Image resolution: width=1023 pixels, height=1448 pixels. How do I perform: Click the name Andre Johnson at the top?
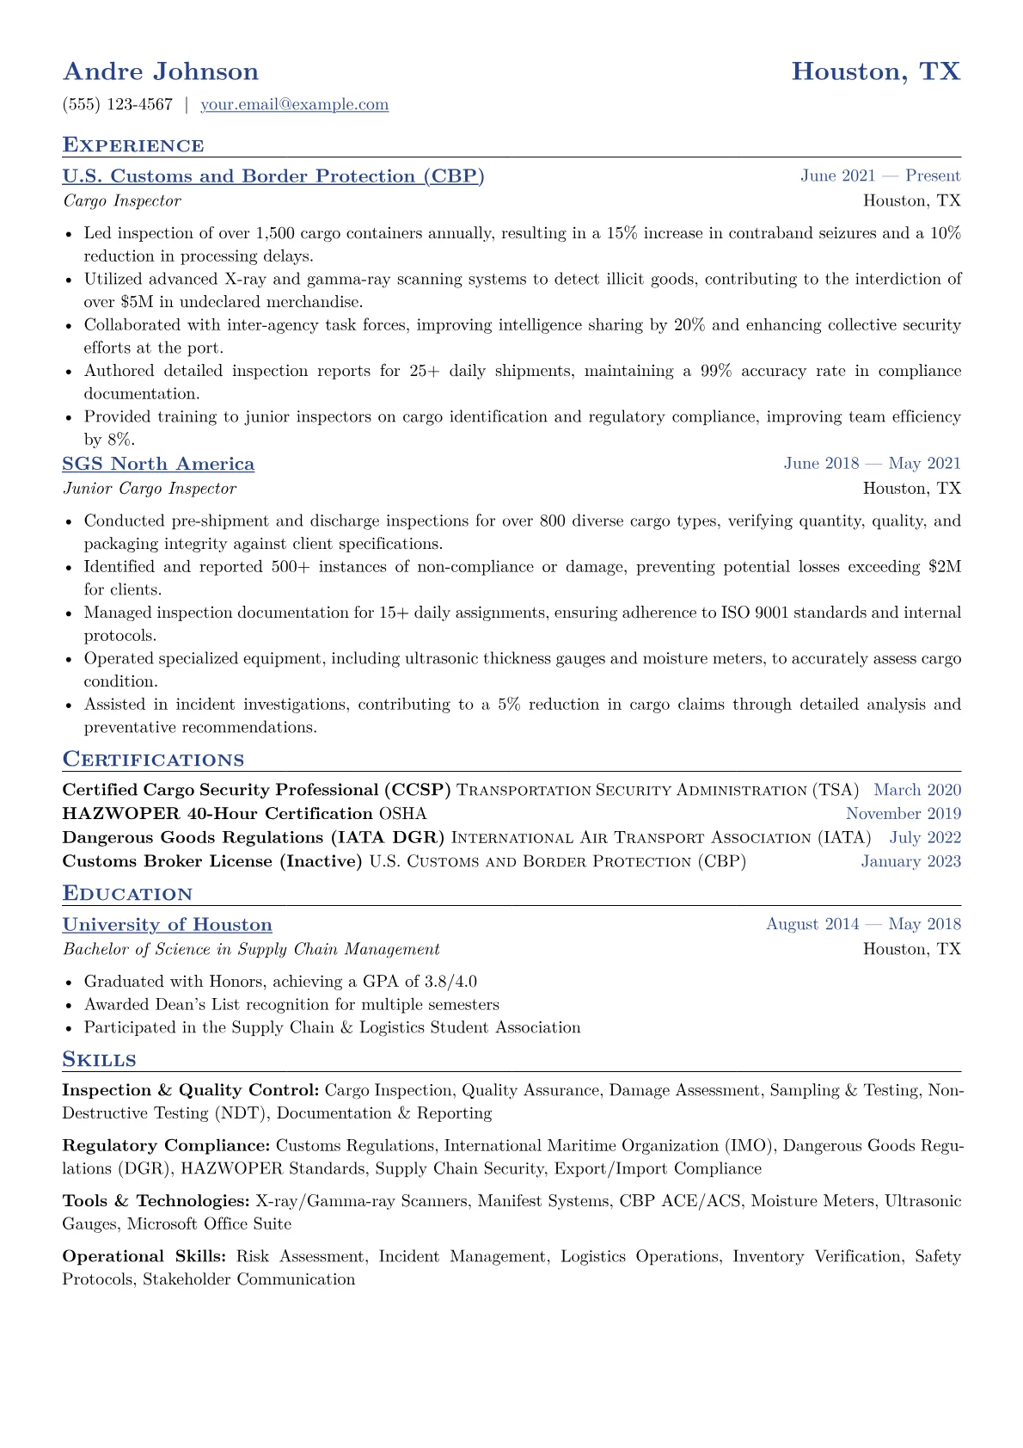click(x=161, y=71)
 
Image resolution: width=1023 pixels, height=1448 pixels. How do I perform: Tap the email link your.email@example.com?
click(x=294, y=105)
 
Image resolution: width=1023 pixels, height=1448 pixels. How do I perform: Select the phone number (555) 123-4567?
click(x=118, y=105)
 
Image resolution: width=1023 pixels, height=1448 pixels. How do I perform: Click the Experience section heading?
click(x=133, y=145)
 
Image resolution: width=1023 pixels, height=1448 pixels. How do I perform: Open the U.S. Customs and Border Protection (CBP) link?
click(x=273, y=176)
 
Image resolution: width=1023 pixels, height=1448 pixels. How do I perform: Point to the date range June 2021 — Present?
click(x=880, y=176)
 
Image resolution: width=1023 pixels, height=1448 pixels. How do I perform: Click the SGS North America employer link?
click(x=158, y=465)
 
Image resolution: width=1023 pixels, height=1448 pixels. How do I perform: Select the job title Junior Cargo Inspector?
click(x=150, y=489)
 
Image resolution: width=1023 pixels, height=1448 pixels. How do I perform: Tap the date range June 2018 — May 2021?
click(x=872, y=464)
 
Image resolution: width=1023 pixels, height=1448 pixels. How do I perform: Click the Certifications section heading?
click(x=153, y=760)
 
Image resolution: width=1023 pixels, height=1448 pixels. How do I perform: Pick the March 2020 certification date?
click(x=917, y=791)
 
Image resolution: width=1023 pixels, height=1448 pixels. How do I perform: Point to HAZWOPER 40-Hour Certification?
click(x=217, y=814)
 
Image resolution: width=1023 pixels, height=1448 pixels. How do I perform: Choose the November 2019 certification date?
click(x=904, y=814)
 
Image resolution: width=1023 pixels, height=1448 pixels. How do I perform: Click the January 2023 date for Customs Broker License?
click(x=911, y=862)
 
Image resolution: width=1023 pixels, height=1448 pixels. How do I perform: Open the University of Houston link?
click(x=168, y=925)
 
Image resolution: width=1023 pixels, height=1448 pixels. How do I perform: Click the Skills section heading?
click(x=100, y=1059)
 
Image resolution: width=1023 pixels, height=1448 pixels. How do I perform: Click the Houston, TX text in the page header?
click(x=875, y=71)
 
